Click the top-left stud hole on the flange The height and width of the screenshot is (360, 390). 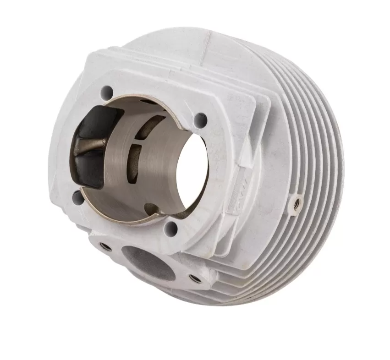(106, 90)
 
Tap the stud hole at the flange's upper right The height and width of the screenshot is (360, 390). (200, 120)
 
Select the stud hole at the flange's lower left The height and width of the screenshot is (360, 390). (78, 198)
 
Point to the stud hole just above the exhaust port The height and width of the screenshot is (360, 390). (170, 227)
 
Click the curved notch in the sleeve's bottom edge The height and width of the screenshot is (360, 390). (152, 209)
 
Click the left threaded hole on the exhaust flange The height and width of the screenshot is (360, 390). (105, 247)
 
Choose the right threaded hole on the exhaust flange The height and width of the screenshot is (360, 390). (195, 278)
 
